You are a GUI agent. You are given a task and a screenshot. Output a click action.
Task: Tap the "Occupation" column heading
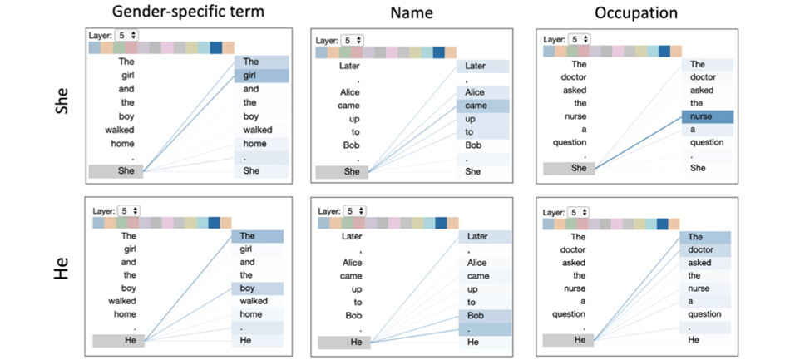636,13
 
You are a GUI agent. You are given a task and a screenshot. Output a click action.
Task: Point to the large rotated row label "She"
62,102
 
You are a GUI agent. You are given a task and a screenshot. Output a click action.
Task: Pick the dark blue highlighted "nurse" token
708,116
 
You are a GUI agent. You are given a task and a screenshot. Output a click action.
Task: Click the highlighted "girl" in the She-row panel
261,76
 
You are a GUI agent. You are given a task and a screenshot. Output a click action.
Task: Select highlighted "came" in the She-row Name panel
482,106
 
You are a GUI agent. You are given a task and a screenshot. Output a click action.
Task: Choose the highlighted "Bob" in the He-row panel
485,316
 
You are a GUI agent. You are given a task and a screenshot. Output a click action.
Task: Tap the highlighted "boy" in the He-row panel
257,288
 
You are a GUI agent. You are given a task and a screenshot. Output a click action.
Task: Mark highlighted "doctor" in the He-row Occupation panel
705,250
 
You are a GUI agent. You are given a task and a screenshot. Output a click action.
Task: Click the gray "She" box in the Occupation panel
569,169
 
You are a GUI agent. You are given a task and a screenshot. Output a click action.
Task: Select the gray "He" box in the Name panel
344,343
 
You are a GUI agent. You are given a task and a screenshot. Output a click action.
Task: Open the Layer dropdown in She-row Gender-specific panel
126,35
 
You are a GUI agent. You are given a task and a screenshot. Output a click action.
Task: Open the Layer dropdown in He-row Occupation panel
579,211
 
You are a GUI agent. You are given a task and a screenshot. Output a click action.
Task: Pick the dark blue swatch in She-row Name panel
438,52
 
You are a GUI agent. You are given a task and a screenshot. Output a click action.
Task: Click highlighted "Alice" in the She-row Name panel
482,92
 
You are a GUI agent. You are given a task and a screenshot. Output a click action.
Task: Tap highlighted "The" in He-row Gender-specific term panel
257,236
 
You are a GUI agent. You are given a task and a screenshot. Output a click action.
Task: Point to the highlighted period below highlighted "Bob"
485,329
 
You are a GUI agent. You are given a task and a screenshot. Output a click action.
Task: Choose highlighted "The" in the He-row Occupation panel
705,237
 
